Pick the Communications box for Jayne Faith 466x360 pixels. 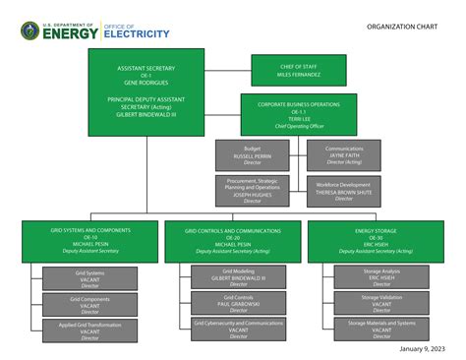[x=344, y=154]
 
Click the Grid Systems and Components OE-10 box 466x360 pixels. [x=90, y=240]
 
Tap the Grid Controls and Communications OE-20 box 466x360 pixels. [x=233, y=240]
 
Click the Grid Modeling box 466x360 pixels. [x=239, y=276]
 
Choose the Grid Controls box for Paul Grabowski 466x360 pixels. [x=239, y=302]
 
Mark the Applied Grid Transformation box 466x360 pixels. [x=90, y=330]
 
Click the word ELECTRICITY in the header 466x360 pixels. [x=137, y=34]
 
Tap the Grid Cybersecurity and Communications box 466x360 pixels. [x=239, y=329]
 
